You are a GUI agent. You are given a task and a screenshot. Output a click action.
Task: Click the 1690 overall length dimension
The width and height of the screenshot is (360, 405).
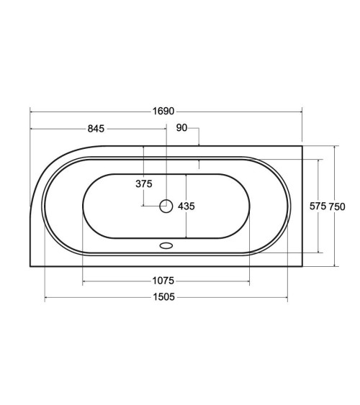point(163,111)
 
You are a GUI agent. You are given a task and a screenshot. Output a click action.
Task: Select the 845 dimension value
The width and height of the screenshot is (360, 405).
point(96,128)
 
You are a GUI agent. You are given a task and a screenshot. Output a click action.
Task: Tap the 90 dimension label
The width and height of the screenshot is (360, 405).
point(181,127)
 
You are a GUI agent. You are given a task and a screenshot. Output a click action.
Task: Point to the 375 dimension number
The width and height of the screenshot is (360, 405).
point(144,183)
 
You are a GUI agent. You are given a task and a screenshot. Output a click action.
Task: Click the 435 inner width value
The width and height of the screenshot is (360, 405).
point(186,206)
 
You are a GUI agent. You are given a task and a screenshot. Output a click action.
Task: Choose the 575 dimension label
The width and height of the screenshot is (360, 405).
point(318,206)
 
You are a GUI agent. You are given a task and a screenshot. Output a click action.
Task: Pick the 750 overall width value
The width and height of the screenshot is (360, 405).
point(337,206)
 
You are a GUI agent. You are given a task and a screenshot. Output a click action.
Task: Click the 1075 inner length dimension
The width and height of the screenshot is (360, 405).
point(163,281)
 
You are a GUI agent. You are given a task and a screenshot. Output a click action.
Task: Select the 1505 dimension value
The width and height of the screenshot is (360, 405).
point(164,297)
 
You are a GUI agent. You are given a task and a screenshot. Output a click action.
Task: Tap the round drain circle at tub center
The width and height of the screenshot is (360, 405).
point(166,206)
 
